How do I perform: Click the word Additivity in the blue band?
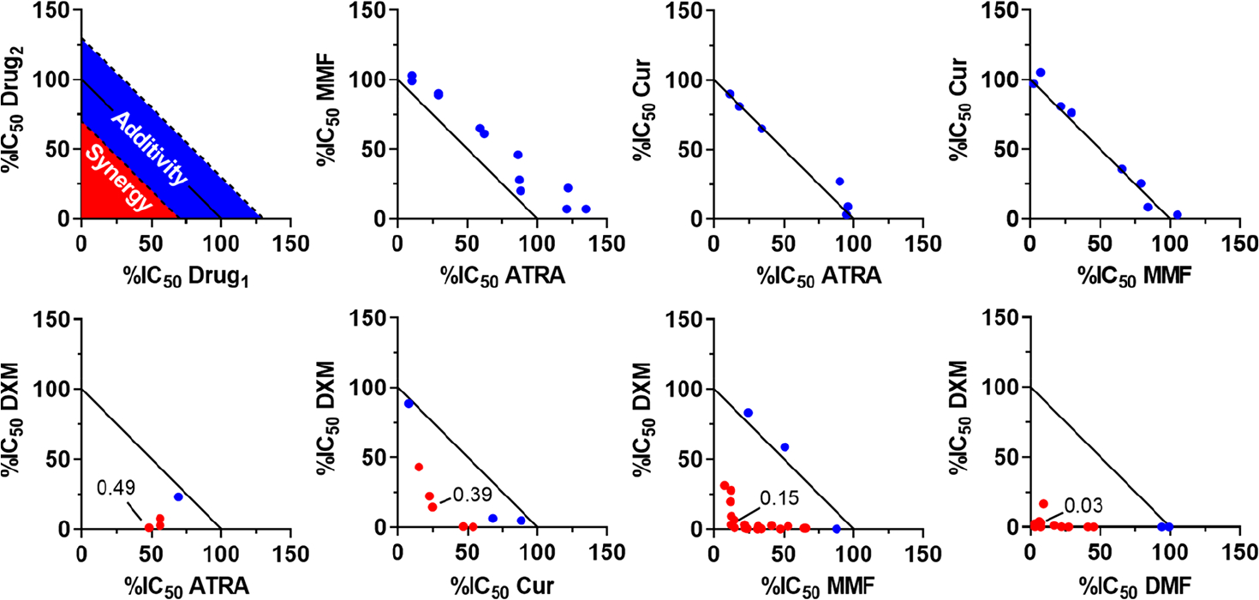pyautogui.click(x=151, y=148)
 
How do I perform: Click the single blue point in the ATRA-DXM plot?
pyautogui.click(x=178, y=497)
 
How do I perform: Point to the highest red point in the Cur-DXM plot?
pyautogui.click(x=419, y=467)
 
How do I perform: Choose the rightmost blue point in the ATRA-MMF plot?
pyautogui.click(x=586, y=209)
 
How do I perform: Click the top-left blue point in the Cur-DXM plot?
pyautogui.click(x=409, y=403)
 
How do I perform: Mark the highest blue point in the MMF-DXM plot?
pyautogui.click(x=748, y=412)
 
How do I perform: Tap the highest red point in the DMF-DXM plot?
pyautogui.click(x=1043, y=504)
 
